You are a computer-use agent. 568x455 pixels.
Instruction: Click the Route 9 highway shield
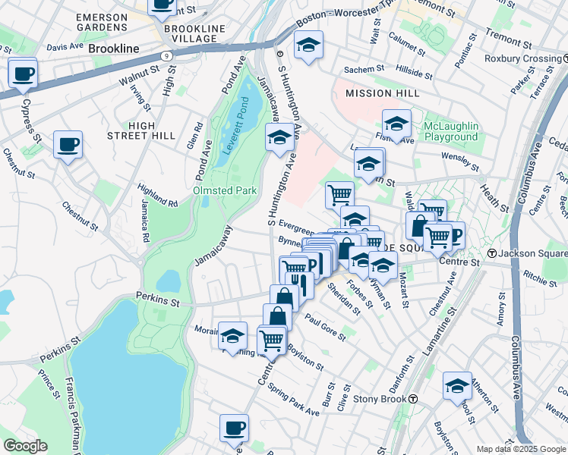tap(166, 55)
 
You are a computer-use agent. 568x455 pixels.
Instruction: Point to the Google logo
tap(25, 446)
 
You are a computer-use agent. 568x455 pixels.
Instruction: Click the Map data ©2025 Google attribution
tap(522, 449)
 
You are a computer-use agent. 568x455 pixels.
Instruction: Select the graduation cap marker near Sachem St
tap(308, 45)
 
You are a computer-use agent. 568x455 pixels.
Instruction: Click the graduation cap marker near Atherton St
tap(457, 386)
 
